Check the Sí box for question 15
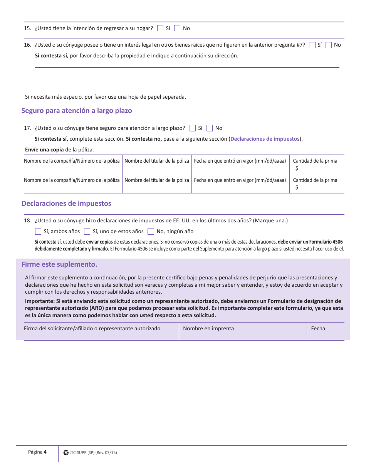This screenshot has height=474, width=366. click(160, 28)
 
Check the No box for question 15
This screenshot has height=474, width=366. click(177, 28)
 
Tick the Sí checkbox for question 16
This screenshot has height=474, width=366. click(312, 45)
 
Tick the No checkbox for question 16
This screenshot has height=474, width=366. click(329, 45)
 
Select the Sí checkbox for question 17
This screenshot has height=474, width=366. click(193, 128)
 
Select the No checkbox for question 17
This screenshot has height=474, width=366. click(210, 128)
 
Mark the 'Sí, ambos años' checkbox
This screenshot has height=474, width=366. click(38, 232)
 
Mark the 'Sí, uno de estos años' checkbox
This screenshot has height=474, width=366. click(87, 232)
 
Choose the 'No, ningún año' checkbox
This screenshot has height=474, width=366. click(151, 232)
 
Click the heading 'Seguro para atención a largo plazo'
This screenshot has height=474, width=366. click(77, 111)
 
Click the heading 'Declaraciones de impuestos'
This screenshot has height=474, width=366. click(66, 203)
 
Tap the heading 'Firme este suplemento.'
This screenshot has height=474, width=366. click(59, 264)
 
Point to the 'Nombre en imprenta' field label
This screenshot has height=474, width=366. click(208, 329)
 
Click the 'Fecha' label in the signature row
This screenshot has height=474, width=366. click(318, 329)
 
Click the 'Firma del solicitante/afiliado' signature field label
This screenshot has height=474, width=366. click(92, 329)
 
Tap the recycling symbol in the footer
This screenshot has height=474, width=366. click(66, 453)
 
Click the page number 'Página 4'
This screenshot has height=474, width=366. click(37, 452)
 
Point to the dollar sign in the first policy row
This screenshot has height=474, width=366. click(297, 168)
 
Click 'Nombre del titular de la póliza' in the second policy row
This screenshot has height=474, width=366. click(157, 180)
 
